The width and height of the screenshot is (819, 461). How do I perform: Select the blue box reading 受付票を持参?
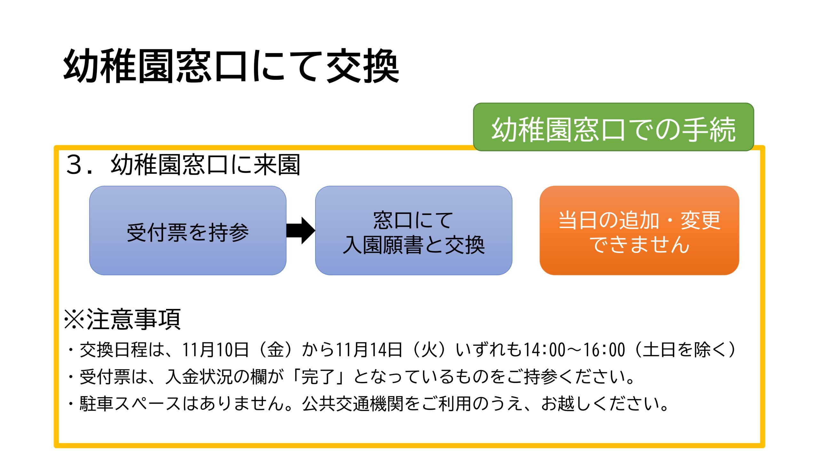click(x=188, y=230)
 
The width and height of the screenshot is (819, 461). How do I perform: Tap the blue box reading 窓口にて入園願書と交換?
click(x=414, y=230)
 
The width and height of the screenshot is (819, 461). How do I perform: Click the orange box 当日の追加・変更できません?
click(x=639, y=230)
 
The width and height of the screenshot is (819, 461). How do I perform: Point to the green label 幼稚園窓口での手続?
click(x=614, y=127)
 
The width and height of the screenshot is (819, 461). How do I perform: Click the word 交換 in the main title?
click(x=363, y=66)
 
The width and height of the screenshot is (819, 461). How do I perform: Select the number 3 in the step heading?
click(x=74, y=165)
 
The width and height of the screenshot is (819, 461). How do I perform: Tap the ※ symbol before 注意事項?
click(x=74, y=319)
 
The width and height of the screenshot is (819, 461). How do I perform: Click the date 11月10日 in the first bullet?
click(x=216, y=350)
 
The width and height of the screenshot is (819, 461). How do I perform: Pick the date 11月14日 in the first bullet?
click(x=369, y=350)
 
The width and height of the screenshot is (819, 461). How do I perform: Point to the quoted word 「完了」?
click(x=319, y=376)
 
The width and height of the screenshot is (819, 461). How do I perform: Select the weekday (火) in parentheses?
click(x=429, y=350)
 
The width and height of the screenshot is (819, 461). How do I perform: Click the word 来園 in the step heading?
click(x=277, y=165)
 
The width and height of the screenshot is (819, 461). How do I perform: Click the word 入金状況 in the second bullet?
click(x=199, y=376)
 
